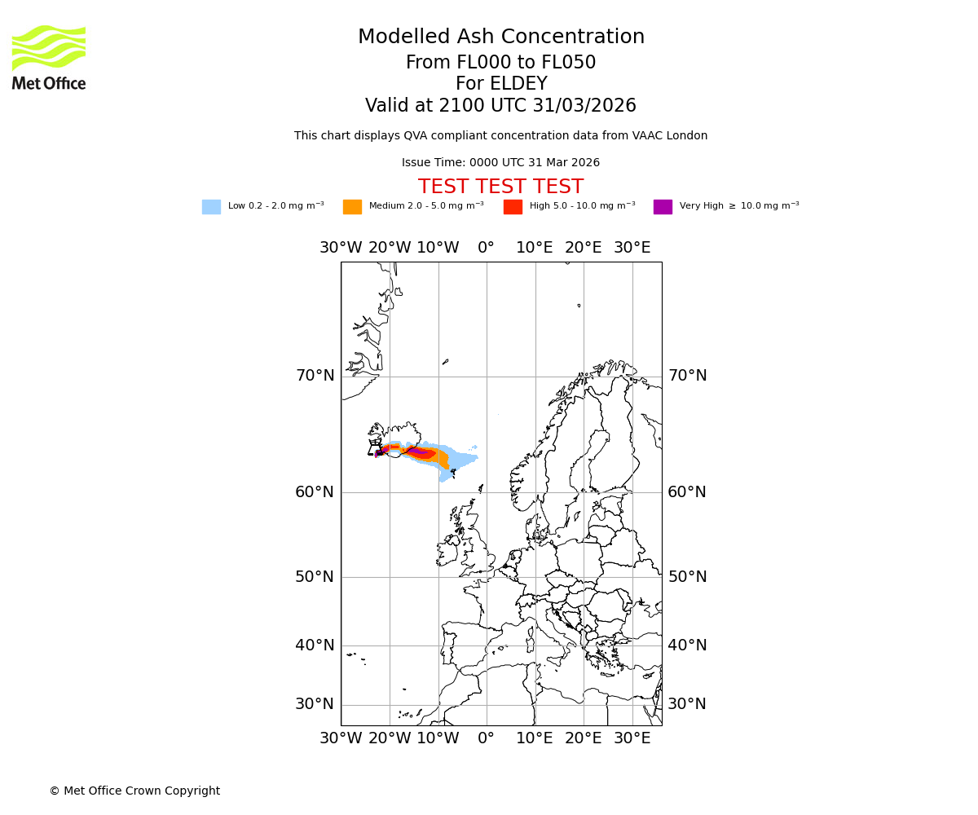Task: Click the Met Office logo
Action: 49,57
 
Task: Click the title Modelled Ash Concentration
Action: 500,37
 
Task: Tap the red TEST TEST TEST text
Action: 500,187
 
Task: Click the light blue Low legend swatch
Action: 211,207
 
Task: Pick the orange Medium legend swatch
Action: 352,207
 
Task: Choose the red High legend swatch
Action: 513,207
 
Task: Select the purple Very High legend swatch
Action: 663,207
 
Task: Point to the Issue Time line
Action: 500,163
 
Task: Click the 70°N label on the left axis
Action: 315,376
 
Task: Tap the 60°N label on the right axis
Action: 687,492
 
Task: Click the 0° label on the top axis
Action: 486,248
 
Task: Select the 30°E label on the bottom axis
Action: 632,738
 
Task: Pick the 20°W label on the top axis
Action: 390,248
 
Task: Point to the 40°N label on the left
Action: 315,645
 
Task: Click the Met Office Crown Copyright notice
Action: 134,791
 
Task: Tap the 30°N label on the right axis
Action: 687,704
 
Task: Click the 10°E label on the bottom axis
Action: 535,738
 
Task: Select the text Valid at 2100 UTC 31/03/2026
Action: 500,106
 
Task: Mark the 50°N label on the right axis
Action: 687,577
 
